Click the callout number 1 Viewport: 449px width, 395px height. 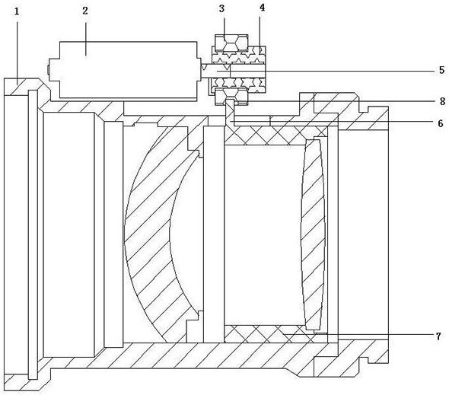tap(17, 11)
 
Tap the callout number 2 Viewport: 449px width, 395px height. tap(85, 11)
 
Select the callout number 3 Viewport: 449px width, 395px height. tap(222, 8)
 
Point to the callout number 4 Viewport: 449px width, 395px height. tap(262, 8)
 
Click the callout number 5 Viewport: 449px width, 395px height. tap(442, 70)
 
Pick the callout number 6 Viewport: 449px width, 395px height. tap(441, 123)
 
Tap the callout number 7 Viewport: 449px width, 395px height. tap(438, 336)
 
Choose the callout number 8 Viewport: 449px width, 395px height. tap(442, 101)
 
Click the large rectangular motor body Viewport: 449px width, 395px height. tap(124, 71)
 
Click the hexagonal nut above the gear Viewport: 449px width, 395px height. tap(231, 42)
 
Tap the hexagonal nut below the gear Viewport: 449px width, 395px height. tap(231, 97)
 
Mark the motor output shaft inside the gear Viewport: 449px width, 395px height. tap(234, 71)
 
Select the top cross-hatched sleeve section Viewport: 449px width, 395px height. tap(275, 135)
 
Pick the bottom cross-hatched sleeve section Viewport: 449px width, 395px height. tap(275, 333)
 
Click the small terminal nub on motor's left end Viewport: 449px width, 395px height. tap(48, 69)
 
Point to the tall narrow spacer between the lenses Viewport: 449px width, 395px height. tap(214, 234)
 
